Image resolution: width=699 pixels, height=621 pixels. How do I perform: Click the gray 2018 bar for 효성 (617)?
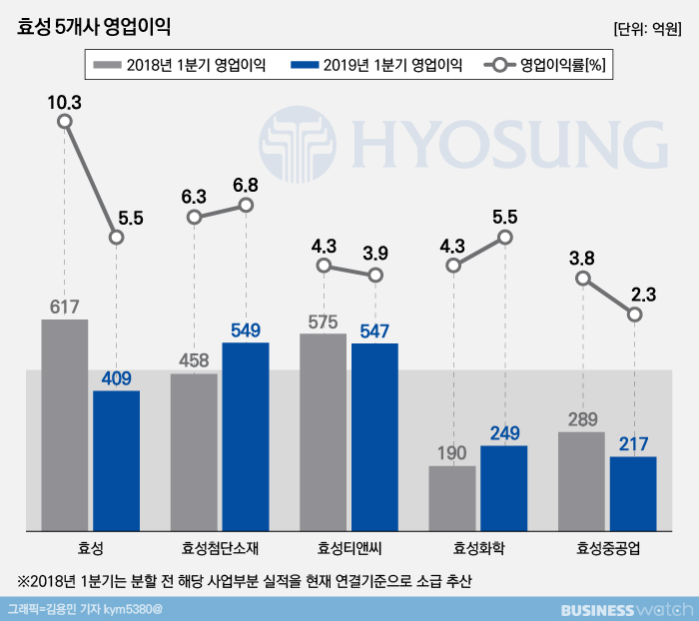coord(64,424)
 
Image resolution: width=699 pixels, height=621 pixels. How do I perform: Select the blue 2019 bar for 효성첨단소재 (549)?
coord(246,436)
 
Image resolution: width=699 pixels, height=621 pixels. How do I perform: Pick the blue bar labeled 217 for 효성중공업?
coord(633,493)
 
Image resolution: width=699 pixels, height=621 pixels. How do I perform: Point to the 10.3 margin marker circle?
coord(65,122)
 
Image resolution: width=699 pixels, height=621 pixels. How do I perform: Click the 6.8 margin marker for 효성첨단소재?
coord(247,206)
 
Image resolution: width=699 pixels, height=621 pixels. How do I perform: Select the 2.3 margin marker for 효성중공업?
coord(634,314)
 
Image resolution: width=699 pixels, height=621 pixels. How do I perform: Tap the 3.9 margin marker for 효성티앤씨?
coord(375,275)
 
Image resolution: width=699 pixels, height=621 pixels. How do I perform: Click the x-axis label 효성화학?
coord(478,548)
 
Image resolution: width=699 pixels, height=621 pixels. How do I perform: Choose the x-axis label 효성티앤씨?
coord(349,548)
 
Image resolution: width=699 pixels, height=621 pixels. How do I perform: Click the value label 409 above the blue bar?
coord(116,378)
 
